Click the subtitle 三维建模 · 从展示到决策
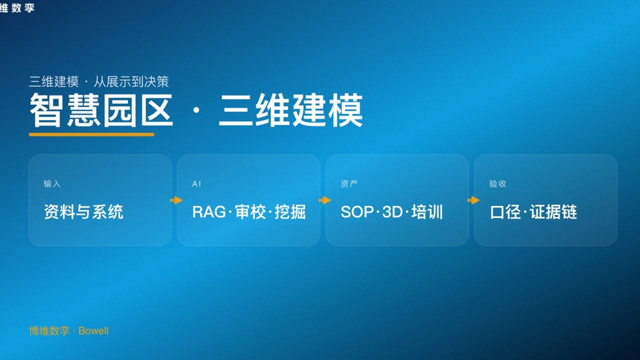99,81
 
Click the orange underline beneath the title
91,134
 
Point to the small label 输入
52,184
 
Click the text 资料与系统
83,212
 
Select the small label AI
196,184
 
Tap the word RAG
209,212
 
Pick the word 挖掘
290,212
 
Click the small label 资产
349,184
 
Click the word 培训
427,212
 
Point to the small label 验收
497,184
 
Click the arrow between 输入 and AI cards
176,200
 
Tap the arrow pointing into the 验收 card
473,200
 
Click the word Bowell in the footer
93,331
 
